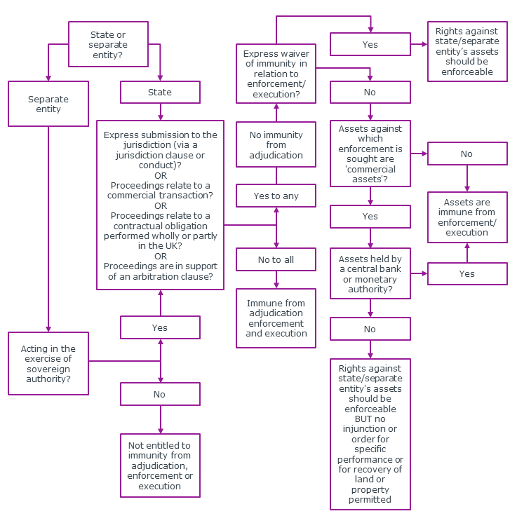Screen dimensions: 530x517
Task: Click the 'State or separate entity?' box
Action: point(107,45)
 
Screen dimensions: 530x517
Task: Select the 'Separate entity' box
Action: point(48,104)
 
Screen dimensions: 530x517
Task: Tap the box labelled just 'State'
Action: point(160,93)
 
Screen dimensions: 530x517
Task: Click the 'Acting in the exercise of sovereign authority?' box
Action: point(48,363)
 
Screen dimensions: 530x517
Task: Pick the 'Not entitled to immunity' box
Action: point(160,466)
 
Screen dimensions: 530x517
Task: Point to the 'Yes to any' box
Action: point(276,196)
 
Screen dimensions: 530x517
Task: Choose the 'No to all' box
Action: point(276,259)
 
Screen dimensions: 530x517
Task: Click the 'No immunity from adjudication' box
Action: point(276,145)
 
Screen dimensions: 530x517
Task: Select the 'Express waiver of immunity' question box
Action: point(276,74)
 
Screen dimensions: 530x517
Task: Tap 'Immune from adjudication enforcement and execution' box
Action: point(276,318)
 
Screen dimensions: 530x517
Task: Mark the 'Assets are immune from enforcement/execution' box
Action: point(467,217)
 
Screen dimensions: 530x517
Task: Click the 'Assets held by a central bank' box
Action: point(370,273)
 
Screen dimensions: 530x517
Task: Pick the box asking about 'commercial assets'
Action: point(370,154)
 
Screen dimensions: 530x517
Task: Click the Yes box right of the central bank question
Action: point(467,273)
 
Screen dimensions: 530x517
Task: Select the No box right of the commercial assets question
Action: point(467,154)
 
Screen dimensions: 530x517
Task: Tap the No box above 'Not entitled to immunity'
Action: point(160,394)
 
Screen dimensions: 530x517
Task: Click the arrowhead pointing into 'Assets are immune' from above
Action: point(467,187)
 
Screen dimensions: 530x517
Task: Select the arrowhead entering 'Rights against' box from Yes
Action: point(424,44)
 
